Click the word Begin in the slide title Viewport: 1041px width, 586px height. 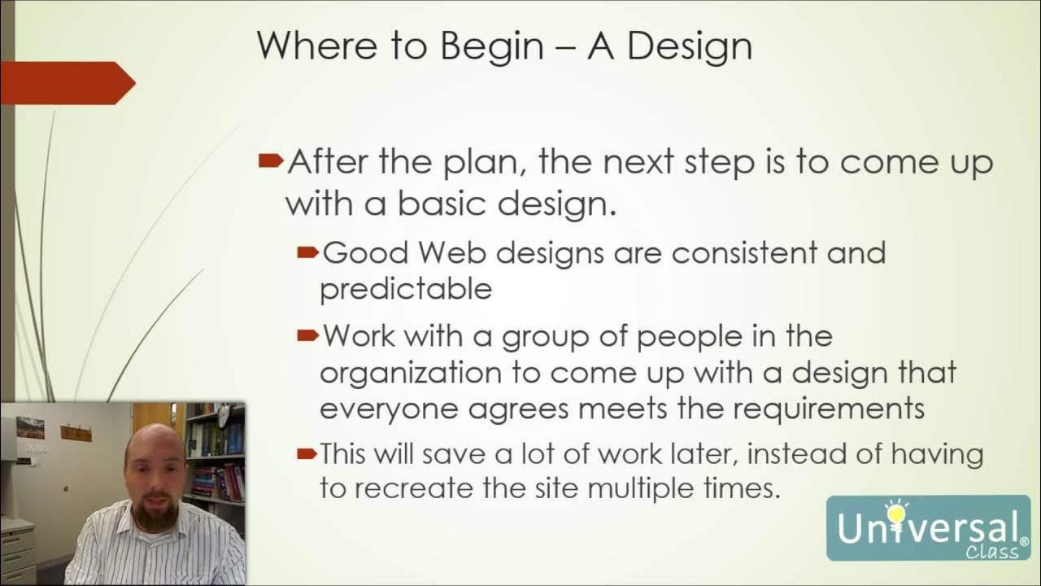pos(491,47)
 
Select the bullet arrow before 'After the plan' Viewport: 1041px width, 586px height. pos(271,160)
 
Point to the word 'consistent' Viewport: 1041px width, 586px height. pos(745,253)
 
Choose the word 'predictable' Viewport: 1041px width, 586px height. pos(405,290)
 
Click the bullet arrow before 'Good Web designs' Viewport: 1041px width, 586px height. pos(307,253)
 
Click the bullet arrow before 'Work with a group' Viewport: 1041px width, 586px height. pos(307,335)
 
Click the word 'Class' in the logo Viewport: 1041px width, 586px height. pos(992,553)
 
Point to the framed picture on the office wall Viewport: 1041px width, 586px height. pos(30,427)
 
